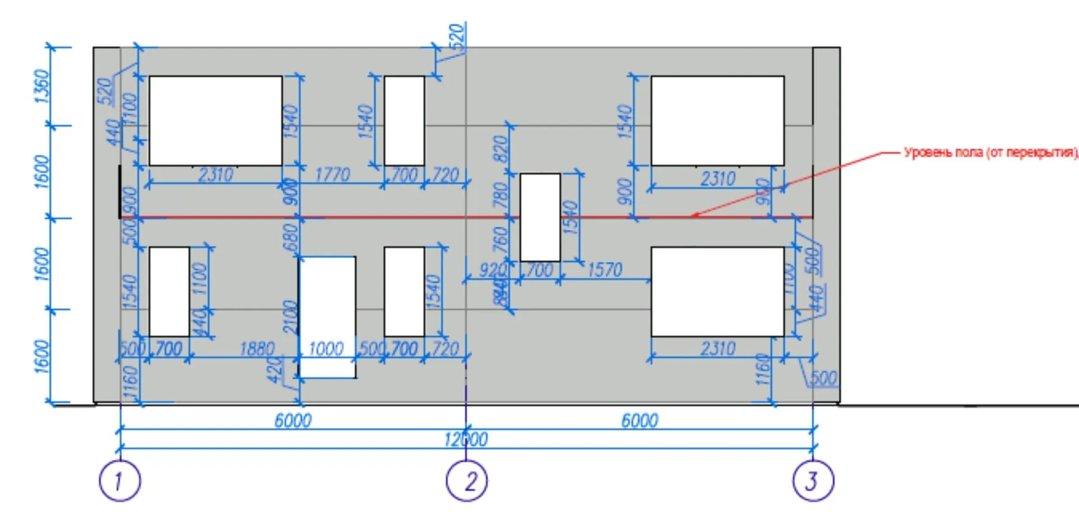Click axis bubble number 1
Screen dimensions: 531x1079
tap(119, 481)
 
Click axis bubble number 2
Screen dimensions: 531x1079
tap(466, 481)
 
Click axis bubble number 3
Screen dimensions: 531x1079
tap(813, 481)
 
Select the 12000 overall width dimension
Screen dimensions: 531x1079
tap(466, 440)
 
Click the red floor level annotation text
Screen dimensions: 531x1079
tap(990, 153)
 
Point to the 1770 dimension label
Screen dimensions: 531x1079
tap(332, 175)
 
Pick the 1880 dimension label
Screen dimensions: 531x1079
tap(257, 349)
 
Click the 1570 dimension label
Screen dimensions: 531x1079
tap(604, 271)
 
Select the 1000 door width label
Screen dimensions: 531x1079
tap(326, 349)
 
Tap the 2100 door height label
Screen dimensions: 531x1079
tap(290, 317)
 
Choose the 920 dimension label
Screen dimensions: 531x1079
tap(492, 271)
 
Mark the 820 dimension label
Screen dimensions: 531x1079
tap(501, 148)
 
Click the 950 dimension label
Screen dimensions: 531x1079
tap(763, 191)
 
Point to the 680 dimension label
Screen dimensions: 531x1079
tap(290, 237)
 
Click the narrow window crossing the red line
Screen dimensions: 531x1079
tap(540, 217)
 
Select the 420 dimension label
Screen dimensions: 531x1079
tap(275, 370)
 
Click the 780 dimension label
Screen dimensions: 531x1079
tap(501, 195)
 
